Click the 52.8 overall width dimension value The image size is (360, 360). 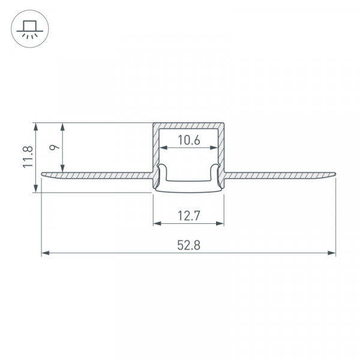click(189, 245)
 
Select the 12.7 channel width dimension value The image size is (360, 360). click(189, 216)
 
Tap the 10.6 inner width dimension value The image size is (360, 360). click(189, 140)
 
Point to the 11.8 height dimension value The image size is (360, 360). click(28, 157)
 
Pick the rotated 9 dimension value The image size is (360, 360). click(55, 147)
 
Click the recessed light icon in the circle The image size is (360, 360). click(30, 29)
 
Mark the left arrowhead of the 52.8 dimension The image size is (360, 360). click(46, 253)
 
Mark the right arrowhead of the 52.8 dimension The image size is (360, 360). click(332, 253)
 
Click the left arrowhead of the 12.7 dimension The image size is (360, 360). click(157, 223)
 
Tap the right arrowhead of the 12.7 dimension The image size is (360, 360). click(220, 223)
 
